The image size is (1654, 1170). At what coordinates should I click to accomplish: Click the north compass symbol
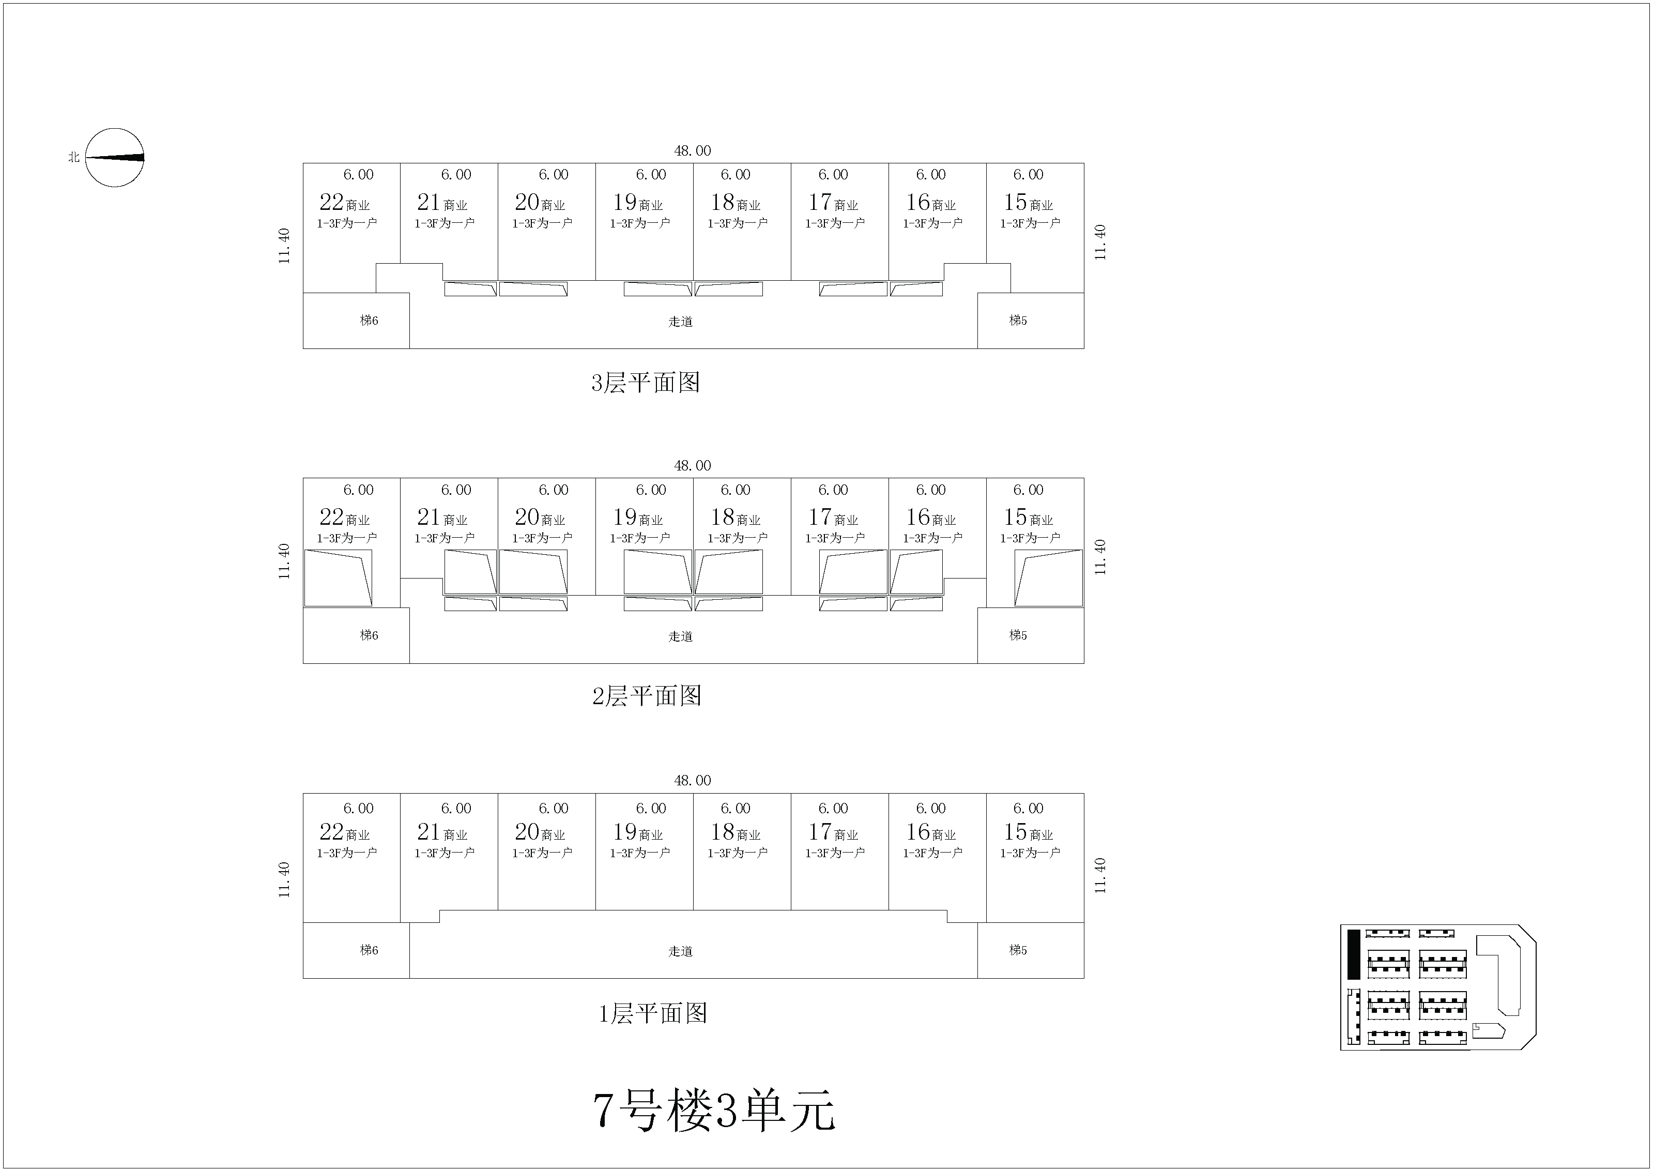click(x=115, y=158)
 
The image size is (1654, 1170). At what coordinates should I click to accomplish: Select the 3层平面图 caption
click(x=646, y=383)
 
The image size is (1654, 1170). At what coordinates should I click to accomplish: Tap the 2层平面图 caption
click(x=647, y=696)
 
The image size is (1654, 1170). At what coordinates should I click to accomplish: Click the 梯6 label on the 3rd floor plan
click(x=369, y=321)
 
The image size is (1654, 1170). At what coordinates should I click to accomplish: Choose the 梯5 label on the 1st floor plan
click(x=1018, y=950)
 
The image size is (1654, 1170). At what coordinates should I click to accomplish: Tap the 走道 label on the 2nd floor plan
click(x=680, y=636)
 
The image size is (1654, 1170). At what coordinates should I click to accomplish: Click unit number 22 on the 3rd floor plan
click(x=331, y=203)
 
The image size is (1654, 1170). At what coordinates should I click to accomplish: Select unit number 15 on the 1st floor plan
click(x=1015, y=832)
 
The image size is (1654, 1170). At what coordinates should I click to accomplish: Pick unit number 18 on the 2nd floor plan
click(x=723, y=518)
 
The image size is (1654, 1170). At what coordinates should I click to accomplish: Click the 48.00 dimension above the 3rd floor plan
click(x=692, y=150)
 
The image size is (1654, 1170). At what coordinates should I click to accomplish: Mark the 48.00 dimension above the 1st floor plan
click(x=692, y=780)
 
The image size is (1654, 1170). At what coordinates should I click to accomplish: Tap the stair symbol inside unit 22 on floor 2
click(x=338, y=578)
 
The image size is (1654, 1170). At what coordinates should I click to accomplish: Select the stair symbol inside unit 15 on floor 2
click(x=1048, y=578)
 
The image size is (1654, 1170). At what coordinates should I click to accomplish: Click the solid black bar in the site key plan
click(x=1354, y=954)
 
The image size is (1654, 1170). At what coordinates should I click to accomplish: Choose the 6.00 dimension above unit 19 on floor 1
click(x=651, y=808)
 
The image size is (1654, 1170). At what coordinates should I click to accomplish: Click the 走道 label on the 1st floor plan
click(x=680, y=951)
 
